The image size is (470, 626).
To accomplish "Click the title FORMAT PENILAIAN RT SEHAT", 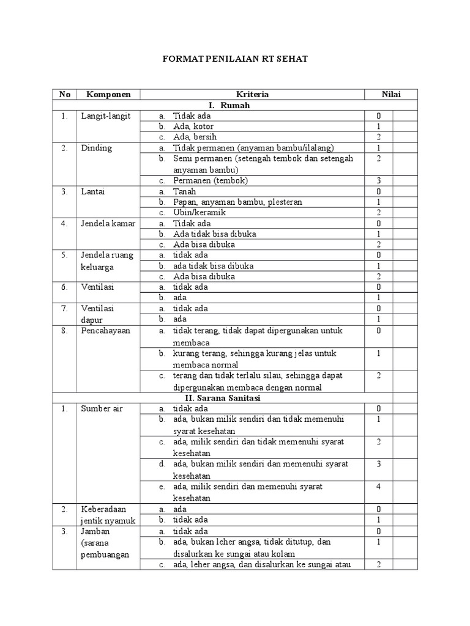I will click(235, 59).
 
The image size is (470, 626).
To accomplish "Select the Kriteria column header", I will click(252, 94).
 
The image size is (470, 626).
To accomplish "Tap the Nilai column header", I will click(391, 94).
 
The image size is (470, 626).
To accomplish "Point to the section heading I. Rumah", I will click(234, 105).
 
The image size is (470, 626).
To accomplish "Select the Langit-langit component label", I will click(105, 116).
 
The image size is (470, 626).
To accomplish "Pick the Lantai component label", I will click(93, 191).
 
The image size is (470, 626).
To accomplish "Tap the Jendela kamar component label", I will click(106, 223).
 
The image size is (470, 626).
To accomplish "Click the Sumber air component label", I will click(102, 408).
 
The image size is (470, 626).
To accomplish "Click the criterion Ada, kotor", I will click(191, 126).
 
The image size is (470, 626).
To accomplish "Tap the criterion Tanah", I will click(184, 191).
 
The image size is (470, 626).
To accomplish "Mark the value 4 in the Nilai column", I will click(379, 487).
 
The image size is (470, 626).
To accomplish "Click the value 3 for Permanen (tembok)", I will click(379, 180).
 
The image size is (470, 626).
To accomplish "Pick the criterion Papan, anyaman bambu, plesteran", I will click(237, 202).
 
